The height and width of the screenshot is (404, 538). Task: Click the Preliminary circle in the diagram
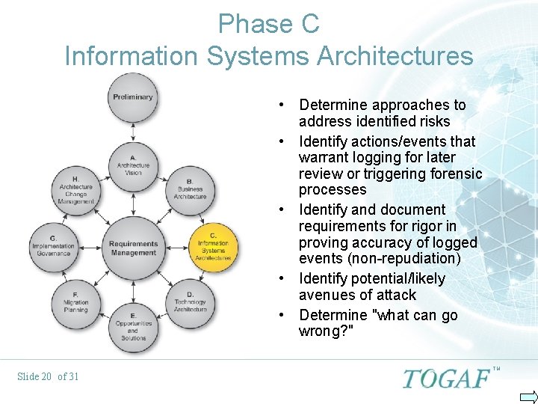(133, 98)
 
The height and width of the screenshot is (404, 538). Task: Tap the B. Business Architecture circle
(190, 189)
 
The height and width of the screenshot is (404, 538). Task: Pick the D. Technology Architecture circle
(190, 302)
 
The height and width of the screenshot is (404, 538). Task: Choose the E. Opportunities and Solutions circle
(132, 326)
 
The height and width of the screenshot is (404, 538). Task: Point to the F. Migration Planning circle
(75, 302)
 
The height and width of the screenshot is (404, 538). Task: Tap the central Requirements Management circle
(133, 248)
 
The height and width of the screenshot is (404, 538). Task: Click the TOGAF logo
(447, 378)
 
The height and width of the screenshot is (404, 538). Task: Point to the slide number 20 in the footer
(46, 376)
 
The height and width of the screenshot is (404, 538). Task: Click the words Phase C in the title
(268, 24)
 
